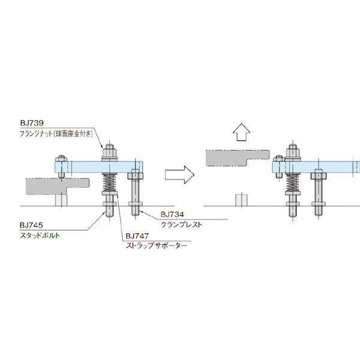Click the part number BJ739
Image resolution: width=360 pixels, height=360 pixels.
tap(32, 123)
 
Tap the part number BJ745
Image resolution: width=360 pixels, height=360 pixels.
tap(31, 225)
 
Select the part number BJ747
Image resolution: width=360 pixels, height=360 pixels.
tap(137, 236)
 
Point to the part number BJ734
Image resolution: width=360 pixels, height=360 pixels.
tap(172, 214)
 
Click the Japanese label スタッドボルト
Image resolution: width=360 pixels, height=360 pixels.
tap(40, 235)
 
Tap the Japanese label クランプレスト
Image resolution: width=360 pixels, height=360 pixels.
tap(181, 224)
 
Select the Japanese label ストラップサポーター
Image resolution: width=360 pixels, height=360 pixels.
tap(157, 245)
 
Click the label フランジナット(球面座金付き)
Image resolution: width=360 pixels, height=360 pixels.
tap(56, 134)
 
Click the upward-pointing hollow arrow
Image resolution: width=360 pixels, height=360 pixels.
tap(241, 133)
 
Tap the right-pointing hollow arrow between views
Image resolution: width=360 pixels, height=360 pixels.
tap(179, 175)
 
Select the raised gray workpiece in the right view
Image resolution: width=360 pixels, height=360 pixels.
tap(238, 158)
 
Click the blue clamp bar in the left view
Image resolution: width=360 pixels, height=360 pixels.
tap(99, 167)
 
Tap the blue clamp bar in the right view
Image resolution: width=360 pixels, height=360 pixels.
tap(316, 167)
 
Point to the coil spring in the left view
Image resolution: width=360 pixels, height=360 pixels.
tap(110, 182)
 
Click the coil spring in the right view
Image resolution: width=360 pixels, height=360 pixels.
tap(293, 182)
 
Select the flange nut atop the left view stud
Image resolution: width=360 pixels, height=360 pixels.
tap(110, 152)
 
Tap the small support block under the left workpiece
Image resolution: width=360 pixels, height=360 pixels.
tap(61, 200)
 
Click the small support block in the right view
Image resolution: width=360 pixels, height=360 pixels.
tap(242, 200)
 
